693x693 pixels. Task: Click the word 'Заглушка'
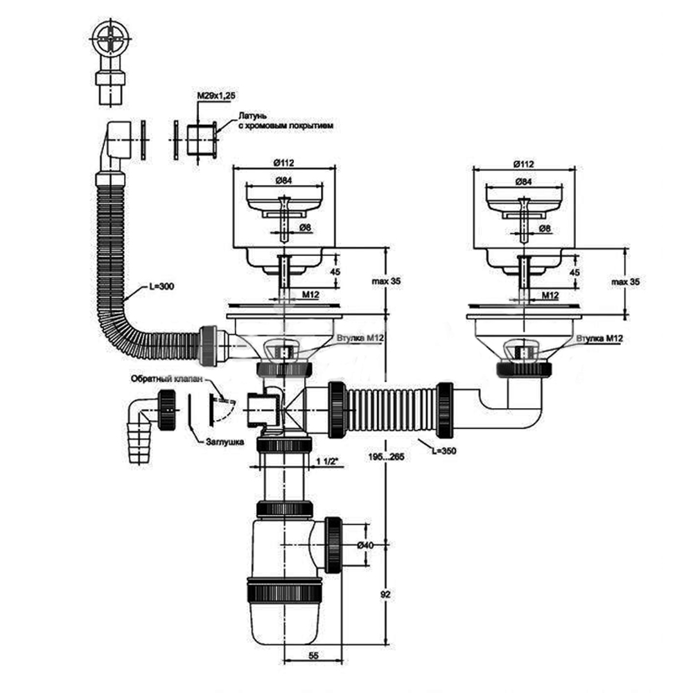pyautogui.click(x=220, y=441)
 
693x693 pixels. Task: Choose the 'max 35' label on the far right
pyautogui.click(x=625, y=281)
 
